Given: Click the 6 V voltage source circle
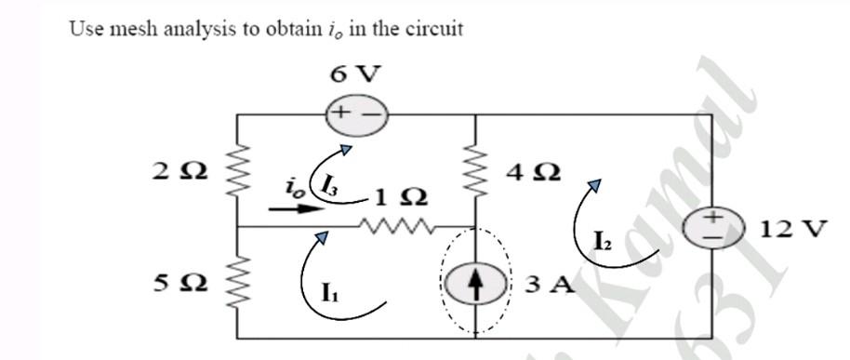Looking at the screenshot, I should pos(355,115).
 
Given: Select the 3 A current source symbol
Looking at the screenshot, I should pos(474,282).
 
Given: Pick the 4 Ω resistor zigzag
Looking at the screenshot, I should pos(475,171).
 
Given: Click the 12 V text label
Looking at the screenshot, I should pos(790,228).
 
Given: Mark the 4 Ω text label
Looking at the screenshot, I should pos(534,171).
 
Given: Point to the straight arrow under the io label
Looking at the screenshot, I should pos(291,210).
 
